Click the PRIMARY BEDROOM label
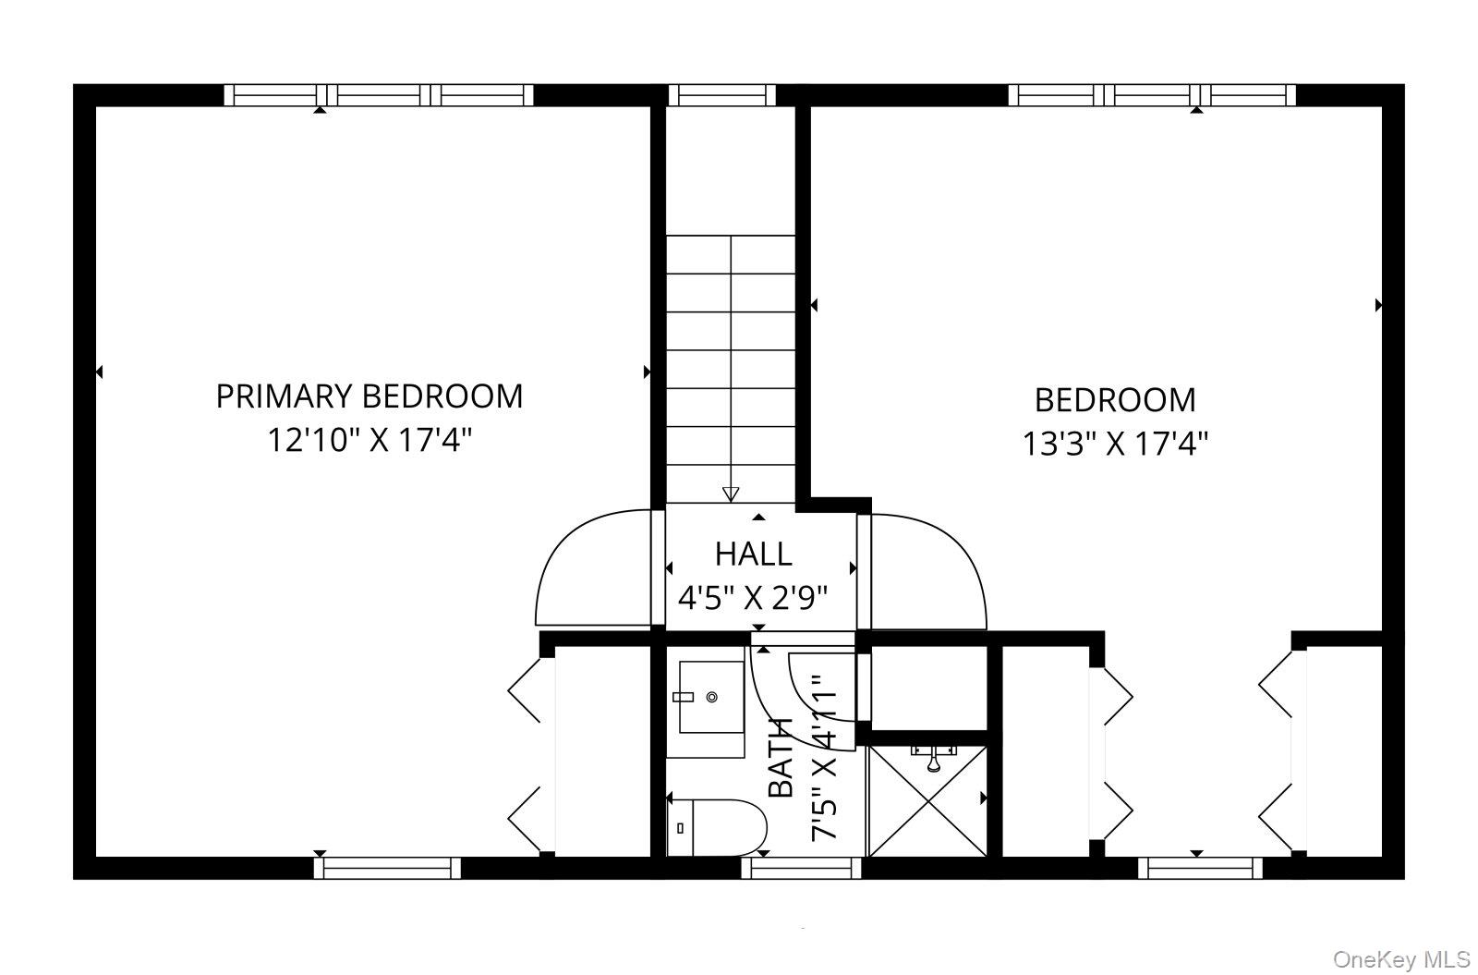click(x=369, y=396)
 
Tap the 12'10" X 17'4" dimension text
click(x=369, y=440)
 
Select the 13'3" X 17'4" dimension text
click(x=1115, y=444)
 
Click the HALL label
click(x=754, y=554)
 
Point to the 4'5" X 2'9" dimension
click(x=753, y=598)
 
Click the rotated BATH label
click(x=781, y=757)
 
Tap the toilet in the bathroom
click(x=717, y=828)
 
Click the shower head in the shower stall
click(x=933, y=759)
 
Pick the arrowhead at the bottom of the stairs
click(x=731, y=494)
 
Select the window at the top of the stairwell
click(x=721, y=95)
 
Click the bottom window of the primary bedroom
click(x=387, y=868)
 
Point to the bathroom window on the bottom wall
click(x=801, y=868)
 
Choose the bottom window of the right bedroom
click(x=1200, y=868)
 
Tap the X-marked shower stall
click(x=928, y=801)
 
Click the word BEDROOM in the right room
click(x=1115, y=400)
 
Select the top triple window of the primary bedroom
click(x=379, y=95)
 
